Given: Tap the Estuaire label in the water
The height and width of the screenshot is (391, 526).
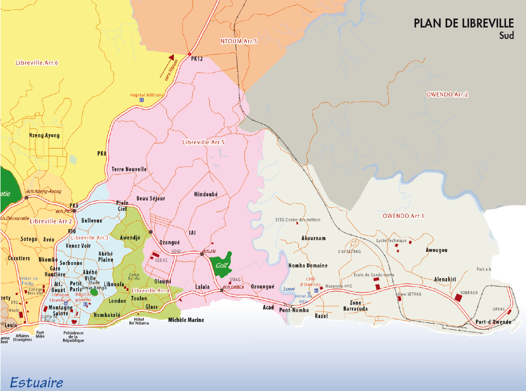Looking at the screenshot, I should tap(36, 383).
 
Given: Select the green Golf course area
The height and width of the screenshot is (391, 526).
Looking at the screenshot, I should tap(220, 264).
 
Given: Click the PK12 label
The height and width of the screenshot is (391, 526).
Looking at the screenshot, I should tap(197, 59).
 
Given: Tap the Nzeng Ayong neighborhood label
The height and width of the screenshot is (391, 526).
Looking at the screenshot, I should tap(44, 135).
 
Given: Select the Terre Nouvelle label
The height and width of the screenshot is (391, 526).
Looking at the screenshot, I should tap(129, 169).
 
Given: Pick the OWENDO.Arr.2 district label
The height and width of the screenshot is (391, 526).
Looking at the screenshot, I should tap(447, 94).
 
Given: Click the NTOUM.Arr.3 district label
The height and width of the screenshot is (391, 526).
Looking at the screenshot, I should tap(238, 40).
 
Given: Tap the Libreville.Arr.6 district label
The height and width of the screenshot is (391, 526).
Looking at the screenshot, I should tap(37, 62).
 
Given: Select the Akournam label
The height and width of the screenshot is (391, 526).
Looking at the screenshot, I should tap(314, 238).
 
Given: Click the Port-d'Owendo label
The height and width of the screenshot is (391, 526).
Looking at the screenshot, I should tap(493, 321).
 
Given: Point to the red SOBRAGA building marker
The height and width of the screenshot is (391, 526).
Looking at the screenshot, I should tap(458, 297).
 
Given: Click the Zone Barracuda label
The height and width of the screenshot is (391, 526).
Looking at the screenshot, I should tap(355, 306).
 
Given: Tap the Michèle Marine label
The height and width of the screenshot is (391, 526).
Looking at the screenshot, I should tap(186, 320).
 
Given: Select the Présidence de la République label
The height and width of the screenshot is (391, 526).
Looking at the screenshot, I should tap(73, 336).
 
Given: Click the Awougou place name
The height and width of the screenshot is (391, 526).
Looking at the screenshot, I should tap(436, 249).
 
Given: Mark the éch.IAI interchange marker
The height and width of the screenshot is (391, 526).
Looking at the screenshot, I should tap(202, 255).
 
